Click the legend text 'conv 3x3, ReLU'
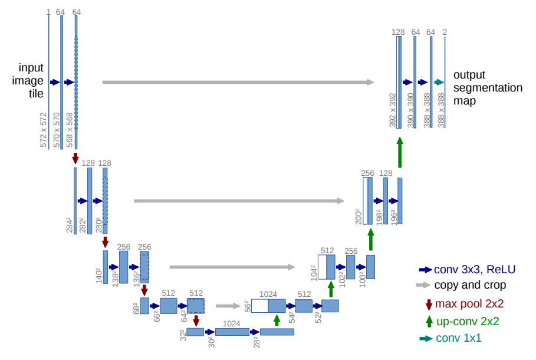click(x=475, y=270)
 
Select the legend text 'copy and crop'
click(x=470, y=286)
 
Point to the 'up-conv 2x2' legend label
click(x=468, y=322)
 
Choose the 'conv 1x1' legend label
click(x=459, y=338)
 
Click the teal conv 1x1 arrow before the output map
click(x=439, y=83)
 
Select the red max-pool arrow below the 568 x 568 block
click(x=75, y=158)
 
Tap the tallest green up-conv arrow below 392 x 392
click(x=400, y=152)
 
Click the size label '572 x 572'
click(x=44, y=130)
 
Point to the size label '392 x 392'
click(x=393, y=110)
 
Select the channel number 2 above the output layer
click(x=445, y=32)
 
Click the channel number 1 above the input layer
click(x=48, y=11)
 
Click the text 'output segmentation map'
click(x=488, y=88)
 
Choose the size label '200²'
click(x=358, y=217)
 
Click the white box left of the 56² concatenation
click(x=259, y=305)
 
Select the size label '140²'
click(x=99, y=275)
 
